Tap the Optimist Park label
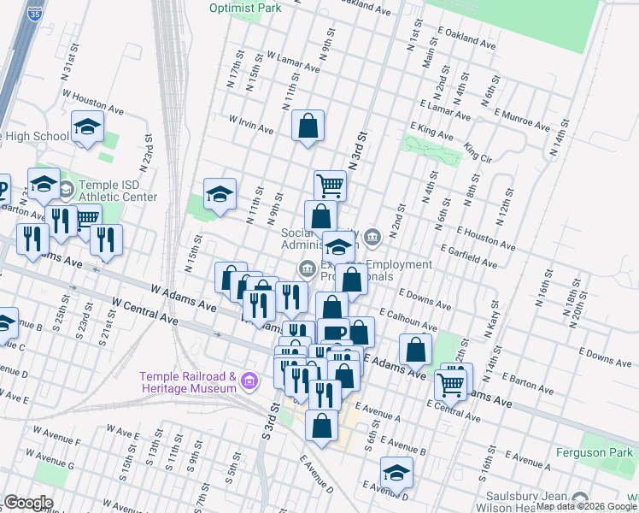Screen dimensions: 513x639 click(x=244, y=8)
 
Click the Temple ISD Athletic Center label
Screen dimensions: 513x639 click(x=118, y=191)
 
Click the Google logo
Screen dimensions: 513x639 click(x=29, y=502)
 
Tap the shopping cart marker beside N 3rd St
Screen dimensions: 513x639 click(x=330, y=184)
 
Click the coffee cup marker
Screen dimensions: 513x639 click(x=333, y=332)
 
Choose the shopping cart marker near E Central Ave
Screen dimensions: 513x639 click(x=451, y=384)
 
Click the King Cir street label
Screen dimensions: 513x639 click(x=478, y=153)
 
